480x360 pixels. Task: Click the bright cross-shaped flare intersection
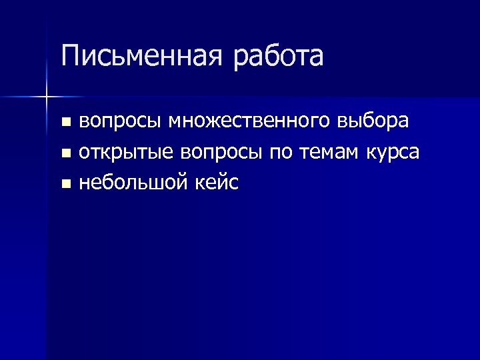tap(47, 97)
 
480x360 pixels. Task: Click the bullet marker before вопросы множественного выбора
tap(65, 123)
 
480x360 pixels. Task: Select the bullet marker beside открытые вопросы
tap(65, 153)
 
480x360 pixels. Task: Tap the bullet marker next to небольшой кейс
tap(65, 183)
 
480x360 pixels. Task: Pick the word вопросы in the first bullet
tap(120, 123)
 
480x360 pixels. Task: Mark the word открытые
tap(126, 153)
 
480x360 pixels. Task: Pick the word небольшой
tap(135, 182)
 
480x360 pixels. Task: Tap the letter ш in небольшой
tap(163, 182)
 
